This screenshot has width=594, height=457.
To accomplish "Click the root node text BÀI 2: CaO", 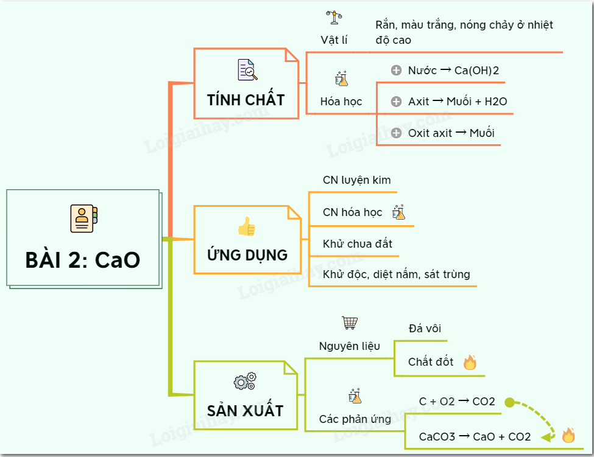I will (x=83, y=260).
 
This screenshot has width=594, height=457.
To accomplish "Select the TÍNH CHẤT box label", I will (x=246, y=100).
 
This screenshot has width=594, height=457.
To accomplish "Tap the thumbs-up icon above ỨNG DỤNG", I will (x=247, y=226).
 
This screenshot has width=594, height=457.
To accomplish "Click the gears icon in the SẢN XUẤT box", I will (x=245, y=382).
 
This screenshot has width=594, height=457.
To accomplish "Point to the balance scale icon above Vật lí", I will (x=334, y=17).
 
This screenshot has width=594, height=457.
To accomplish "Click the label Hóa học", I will (x=341, y=102).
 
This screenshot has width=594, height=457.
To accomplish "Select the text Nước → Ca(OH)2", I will (x=453, y=71).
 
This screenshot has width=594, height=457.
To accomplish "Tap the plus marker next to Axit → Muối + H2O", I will (x=396, y=102).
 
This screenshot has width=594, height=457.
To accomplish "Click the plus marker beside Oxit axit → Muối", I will (x=396, y=133).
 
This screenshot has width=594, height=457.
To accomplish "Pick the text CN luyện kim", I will (x=357, y=180).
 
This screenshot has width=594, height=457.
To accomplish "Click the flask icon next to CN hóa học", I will (x=399, y=212).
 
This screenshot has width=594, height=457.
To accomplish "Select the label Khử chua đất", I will (x=358, y=243).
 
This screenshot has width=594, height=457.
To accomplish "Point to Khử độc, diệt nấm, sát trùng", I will (x=397, y=274).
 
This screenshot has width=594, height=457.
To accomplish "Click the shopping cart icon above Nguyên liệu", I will (x=350, y=323).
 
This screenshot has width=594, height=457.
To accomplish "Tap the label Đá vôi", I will (x=425, y=329).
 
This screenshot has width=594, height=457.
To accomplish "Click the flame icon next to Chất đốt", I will (x=469, y=363).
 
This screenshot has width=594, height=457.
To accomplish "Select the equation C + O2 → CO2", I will (x=457, y=402).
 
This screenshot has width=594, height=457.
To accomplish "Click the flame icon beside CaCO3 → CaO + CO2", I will (x=568, y=435).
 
